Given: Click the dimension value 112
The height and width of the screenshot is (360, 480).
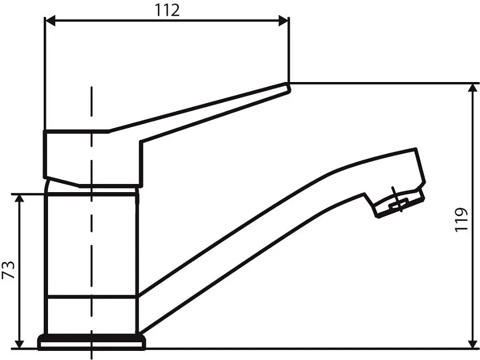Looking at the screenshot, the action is coord(167,10).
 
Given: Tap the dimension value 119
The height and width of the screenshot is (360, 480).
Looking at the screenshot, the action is coord(461,220).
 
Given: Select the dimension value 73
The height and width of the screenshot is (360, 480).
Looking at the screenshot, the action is coord(8,270).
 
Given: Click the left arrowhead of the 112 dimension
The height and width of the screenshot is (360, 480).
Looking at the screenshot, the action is coord(50,21).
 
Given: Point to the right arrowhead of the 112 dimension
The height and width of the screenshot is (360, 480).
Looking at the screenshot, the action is coord(283,21).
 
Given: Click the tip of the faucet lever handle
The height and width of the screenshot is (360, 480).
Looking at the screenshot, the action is coord(287,86).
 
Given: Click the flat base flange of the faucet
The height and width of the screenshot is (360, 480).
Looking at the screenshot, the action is coord(92,342).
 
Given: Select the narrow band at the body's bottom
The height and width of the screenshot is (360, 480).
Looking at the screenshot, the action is coord(92,316).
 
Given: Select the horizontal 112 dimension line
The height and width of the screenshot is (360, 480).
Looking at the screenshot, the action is coord(167,21).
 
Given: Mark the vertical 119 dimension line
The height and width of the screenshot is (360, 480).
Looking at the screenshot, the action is coord(472,216).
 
